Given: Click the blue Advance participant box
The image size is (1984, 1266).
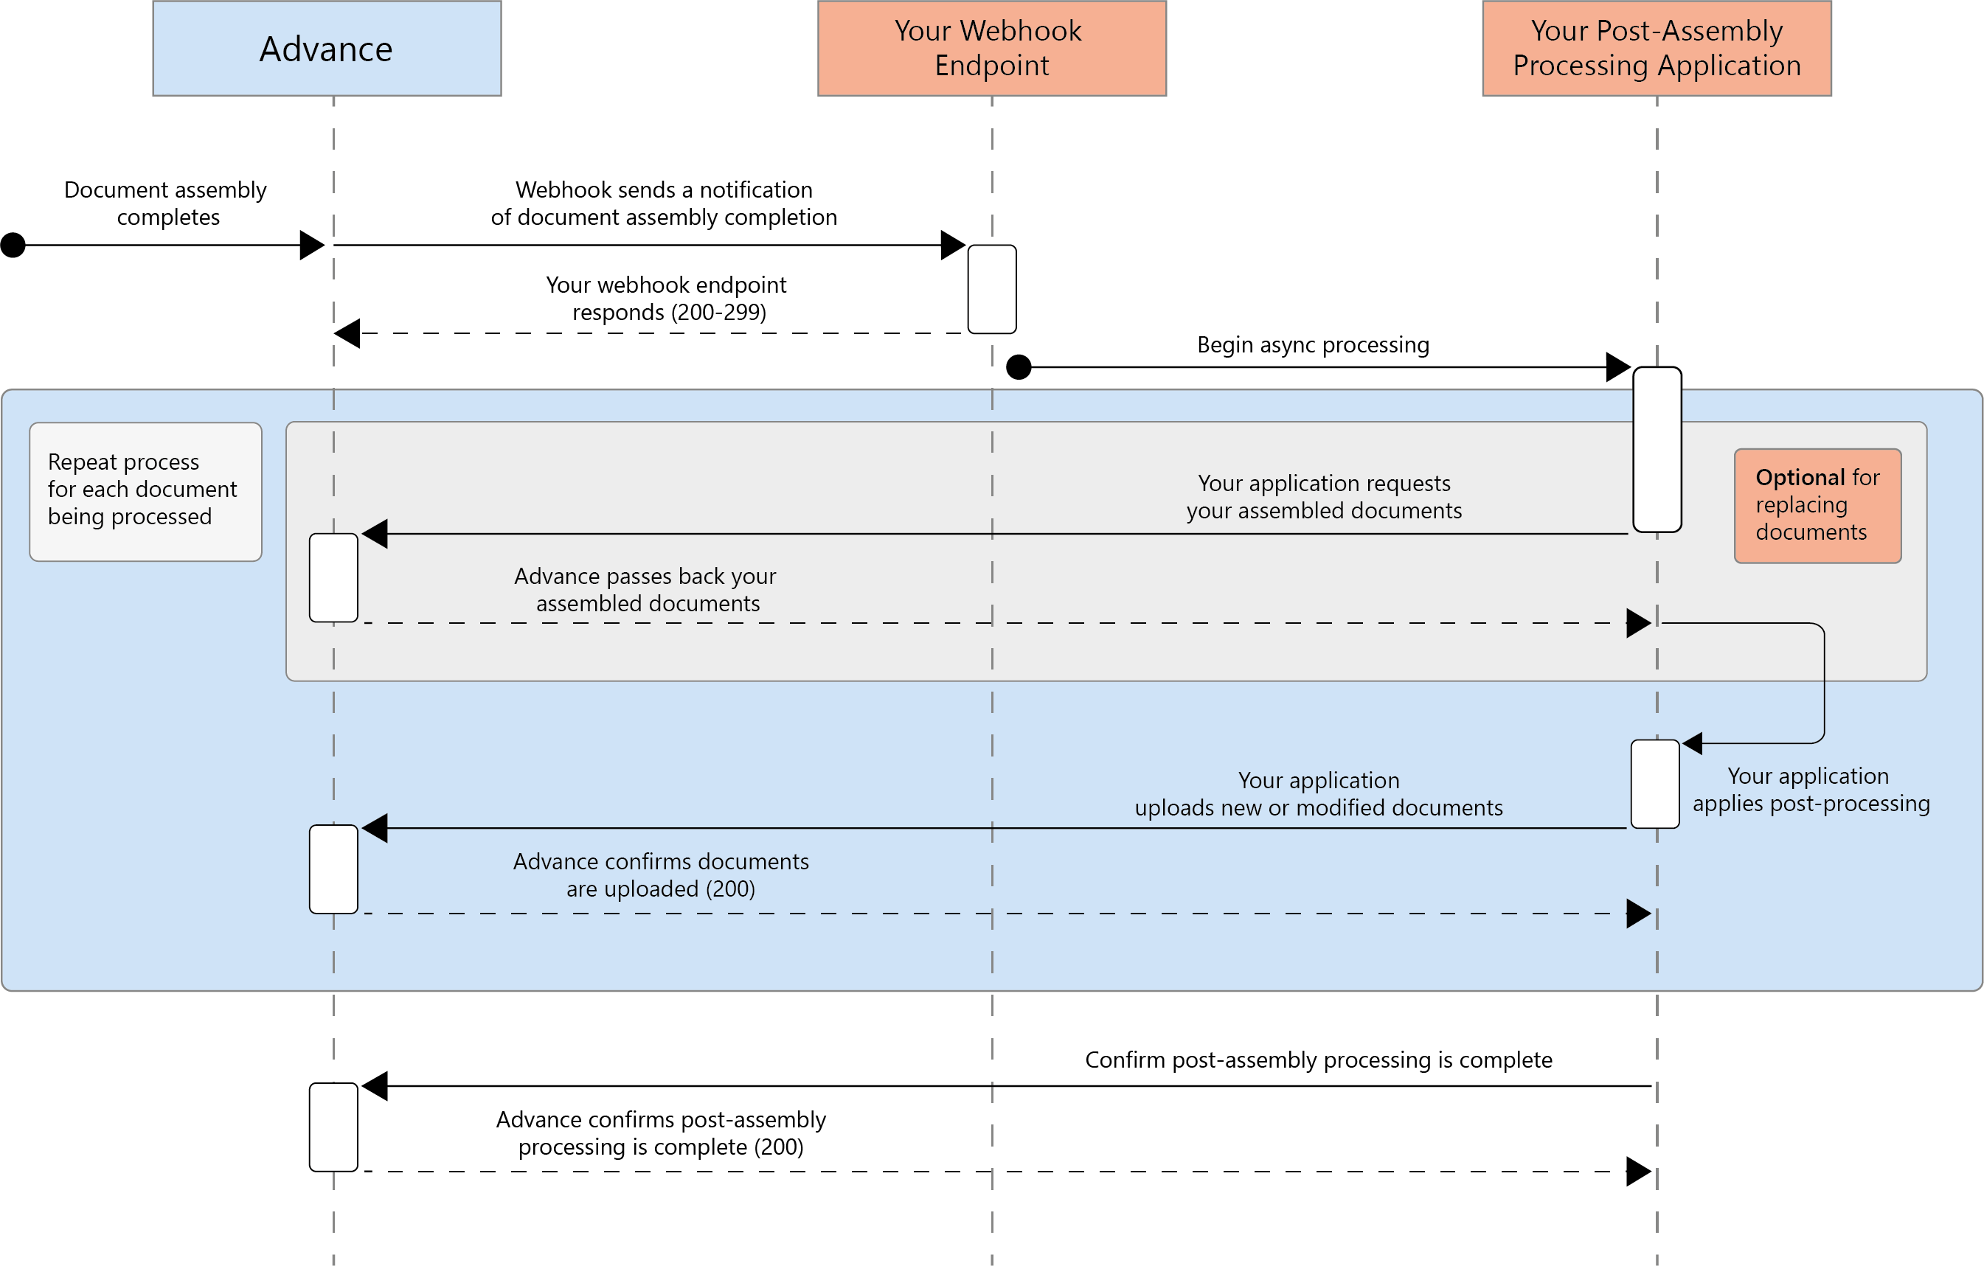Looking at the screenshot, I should (326, 49).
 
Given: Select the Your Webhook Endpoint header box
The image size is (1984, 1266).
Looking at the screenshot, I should (991, 49).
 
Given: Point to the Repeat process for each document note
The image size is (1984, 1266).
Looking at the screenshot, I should (145, 491).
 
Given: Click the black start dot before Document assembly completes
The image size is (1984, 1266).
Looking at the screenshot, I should (13, 245).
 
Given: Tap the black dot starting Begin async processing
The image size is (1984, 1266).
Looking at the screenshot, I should (1019, 366).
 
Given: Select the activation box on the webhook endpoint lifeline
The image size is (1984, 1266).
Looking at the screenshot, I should (991, 288).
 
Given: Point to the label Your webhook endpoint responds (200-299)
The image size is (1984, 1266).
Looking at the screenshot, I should (667, 298).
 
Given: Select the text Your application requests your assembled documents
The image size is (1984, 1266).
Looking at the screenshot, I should (1323, 496).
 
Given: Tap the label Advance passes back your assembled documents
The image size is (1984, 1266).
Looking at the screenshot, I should (646, 589).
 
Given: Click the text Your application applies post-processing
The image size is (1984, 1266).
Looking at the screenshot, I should (1810, 789).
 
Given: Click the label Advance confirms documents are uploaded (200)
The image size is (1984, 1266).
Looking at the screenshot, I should (661, 874).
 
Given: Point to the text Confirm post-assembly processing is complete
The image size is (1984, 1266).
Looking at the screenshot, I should (1317, 1060).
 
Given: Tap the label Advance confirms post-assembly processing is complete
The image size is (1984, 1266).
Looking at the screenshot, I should (661, 1133).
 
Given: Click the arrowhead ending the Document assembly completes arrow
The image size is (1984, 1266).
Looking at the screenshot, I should (311, 245).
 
